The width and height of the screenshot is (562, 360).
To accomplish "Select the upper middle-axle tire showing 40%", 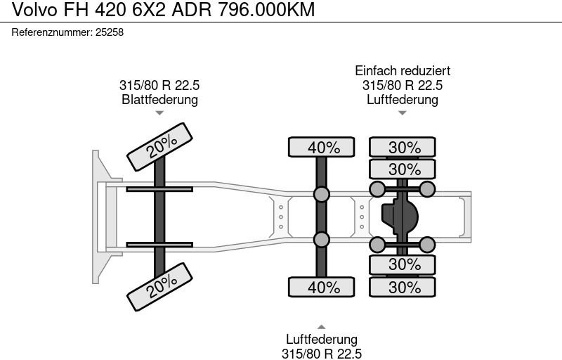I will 322,147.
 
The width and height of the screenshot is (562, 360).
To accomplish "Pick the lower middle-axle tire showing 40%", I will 322,287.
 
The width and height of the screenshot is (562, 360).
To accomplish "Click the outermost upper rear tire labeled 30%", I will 403,147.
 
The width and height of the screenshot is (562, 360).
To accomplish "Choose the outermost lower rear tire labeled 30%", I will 403,287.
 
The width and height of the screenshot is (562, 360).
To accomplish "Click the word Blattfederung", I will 159,99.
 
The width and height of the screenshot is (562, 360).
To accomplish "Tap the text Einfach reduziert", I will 403,71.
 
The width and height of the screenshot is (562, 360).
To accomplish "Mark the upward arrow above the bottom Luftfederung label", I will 321,326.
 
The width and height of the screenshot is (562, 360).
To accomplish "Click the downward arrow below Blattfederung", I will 159,112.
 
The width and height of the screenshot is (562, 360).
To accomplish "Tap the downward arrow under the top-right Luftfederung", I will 403,112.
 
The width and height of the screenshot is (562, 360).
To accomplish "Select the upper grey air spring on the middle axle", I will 321,194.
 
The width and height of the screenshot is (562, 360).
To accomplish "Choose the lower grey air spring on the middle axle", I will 321,239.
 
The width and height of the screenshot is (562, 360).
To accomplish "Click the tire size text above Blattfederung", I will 159,85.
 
